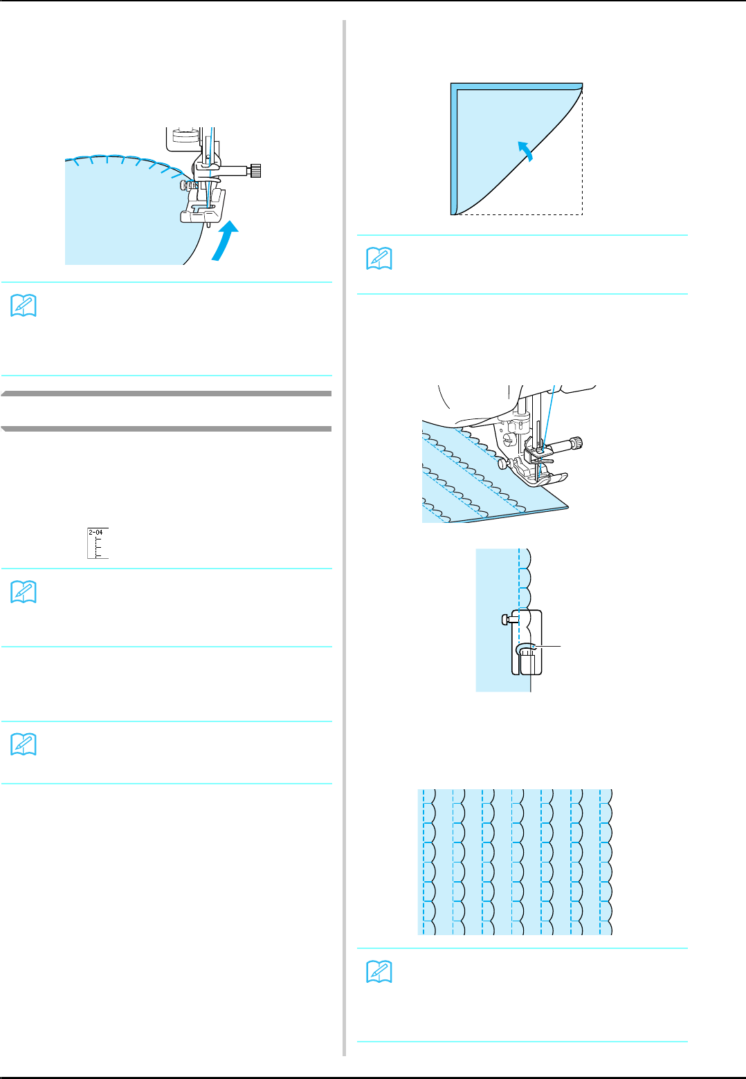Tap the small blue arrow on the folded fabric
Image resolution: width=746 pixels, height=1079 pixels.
click(527, 149)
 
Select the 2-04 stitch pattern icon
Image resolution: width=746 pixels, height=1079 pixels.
click(98, 543)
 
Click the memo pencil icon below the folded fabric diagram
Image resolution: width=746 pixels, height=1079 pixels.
click(379, 258)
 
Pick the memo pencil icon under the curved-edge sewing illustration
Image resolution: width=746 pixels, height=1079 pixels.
click(24, 306)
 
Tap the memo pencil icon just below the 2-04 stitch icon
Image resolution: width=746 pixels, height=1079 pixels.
click(24, 592)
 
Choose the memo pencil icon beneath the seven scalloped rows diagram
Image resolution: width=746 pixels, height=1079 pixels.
click(379, 972)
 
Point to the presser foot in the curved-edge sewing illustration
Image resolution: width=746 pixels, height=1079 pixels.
click(203, 208)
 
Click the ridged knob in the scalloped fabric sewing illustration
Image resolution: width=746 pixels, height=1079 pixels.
click(576, 443)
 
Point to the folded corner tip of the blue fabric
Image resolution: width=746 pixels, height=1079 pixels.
click(581, 85)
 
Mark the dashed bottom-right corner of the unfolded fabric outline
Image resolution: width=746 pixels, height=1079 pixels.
click(582, 214)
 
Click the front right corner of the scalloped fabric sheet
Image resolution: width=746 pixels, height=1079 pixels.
click(567, 507)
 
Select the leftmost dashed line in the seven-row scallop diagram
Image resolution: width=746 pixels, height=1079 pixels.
click(423, 862)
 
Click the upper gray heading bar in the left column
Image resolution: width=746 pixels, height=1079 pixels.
click(166, 394)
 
